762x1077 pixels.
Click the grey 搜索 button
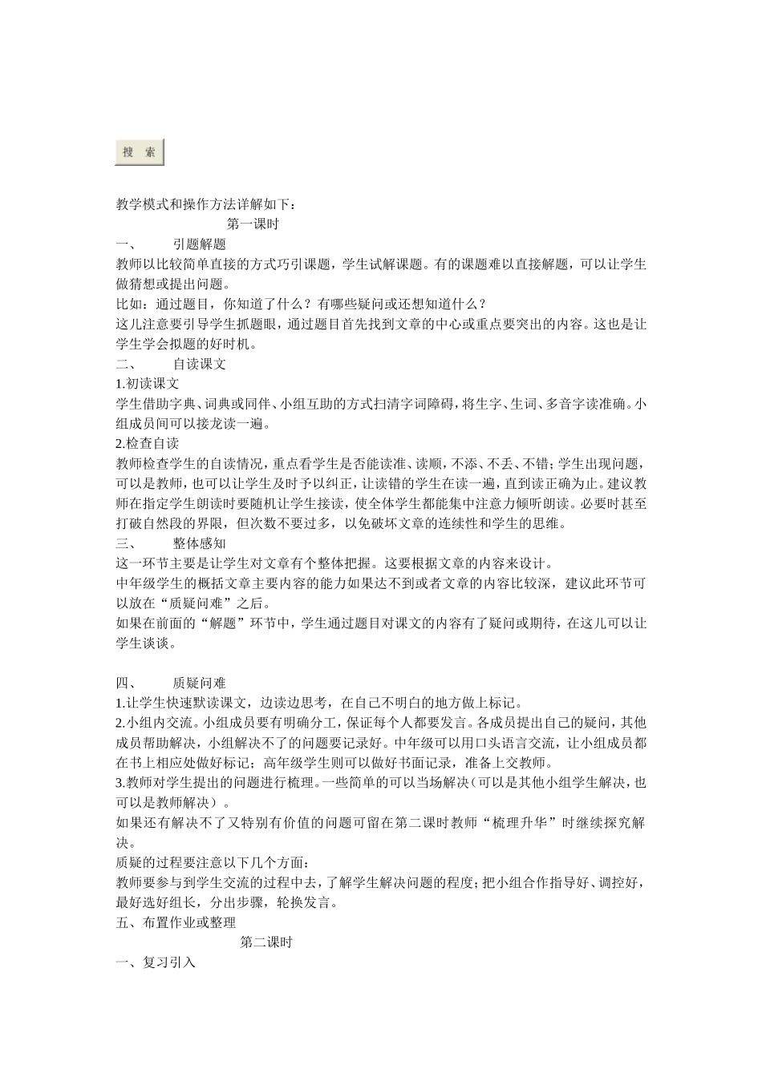click(140, 152)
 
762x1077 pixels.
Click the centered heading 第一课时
click(253, 224)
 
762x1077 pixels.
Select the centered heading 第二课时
click(265, 942)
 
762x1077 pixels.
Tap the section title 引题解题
click(199, 244)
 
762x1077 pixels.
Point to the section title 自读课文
click(199, 364)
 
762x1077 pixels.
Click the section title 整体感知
click(199, 543)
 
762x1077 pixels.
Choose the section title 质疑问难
click(199, 683)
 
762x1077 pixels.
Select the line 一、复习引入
click(156, 962)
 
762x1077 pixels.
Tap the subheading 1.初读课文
click(148, 384)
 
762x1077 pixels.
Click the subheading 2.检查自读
click(148, 443)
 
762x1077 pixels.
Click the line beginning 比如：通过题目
click(301, 304)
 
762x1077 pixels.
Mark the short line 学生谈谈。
click(146, 643)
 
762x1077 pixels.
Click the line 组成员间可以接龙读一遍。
click(193, 424)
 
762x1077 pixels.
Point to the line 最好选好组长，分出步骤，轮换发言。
click(227, 902)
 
